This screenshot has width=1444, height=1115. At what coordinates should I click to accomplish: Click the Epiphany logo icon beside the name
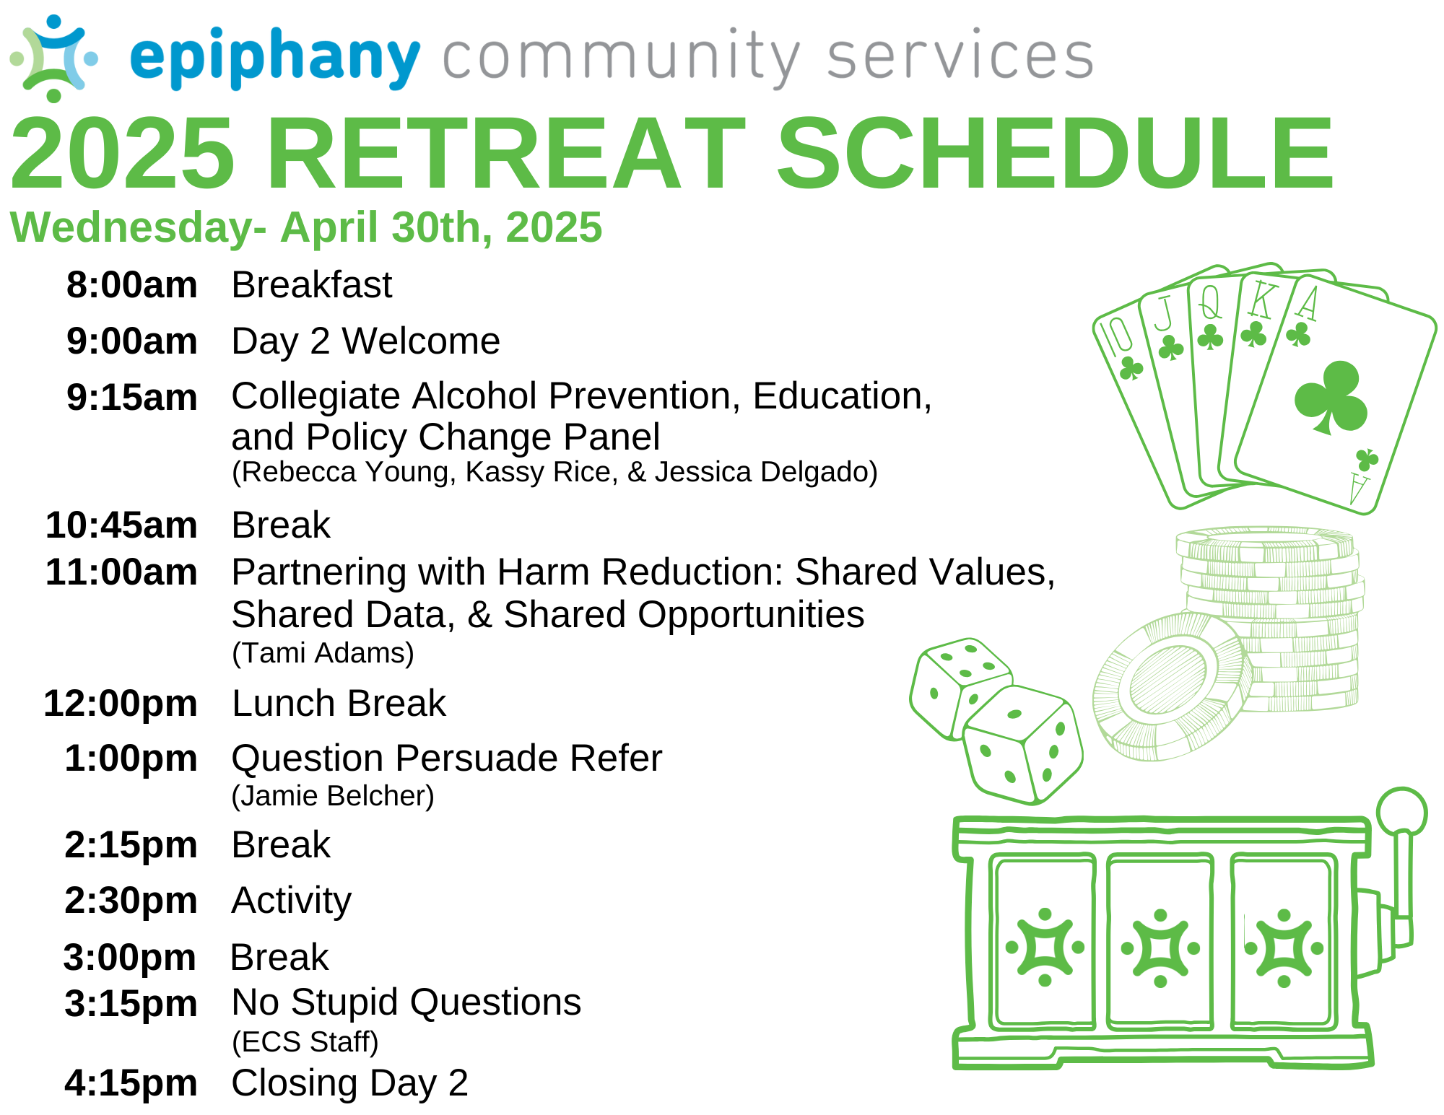pos(54,58)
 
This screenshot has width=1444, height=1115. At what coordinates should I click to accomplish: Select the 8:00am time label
pos(131,284)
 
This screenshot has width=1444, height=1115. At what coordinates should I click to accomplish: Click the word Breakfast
pos(312,284)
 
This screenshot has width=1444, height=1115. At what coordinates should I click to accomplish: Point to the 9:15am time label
pos(131,397)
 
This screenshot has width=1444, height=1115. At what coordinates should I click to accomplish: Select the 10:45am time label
pos(121,525)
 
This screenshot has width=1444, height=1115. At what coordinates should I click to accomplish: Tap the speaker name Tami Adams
pos(323,653)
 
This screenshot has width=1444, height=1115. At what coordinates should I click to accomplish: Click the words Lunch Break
pos(339,703)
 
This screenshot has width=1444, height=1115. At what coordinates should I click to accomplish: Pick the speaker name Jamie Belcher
pos(333,796)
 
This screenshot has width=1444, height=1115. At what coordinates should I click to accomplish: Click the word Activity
pos(292,901)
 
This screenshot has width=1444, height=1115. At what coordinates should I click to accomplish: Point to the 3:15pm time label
pos(131,1003)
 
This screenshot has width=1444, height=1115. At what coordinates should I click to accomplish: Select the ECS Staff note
pos(305,1042)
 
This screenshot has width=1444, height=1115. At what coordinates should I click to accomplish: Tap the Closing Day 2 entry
pos(350,1083)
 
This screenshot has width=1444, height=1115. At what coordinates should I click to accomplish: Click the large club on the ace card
pos(1330,398)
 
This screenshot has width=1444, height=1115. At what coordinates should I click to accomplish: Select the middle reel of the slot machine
pos(1160,942)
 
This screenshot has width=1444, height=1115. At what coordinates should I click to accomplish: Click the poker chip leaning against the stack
pos(1171,686)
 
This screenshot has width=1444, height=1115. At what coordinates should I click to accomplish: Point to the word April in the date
pos(329,228)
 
